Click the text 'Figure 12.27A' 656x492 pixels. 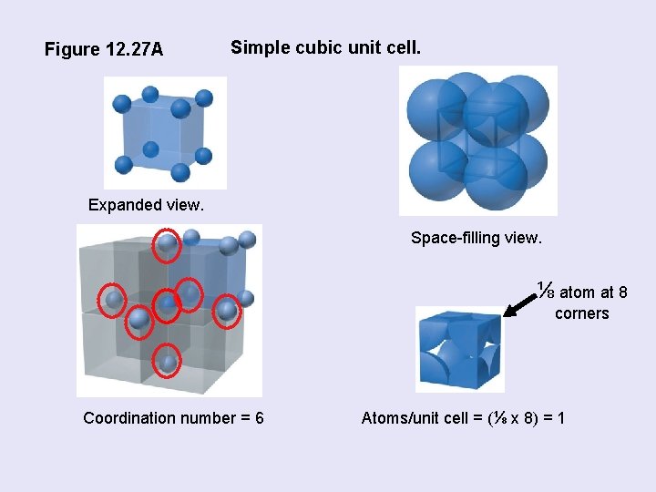click(104, 49)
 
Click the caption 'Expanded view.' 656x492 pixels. click(146, 205)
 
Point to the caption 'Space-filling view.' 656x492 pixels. click(476, 239)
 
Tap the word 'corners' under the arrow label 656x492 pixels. click(581, 314)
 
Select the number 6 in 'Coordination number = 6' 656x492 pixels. click(260, 418)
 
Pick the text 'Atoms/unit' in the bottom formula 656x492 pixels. click(399, 418)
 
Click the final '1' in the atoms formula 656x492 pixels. click(560, 418)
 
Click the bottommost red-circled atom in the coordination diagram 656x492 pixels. click(168, 362)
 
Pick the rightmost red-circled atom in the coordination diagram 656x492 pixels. click(226, 312)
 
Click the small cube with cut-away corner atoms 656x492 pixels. click(459, 349)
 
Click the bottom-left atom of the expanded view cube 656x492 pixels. click(124, 165)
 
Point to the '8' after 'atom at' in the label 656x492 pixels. click(622, 292)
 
